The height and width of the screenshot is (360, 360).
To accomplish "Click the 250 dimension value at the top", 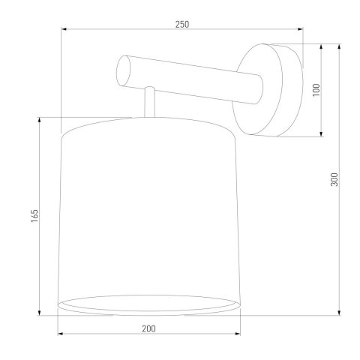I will [x=181, y=23].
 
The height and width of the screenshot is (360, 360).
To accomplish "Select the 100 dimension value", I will [x=316, y=90].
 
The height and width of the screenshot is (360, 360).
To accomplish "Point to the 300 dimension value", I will [x=335, y=179].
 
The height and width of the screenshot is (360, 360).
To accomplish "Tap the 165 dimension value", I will [x=35, y=215].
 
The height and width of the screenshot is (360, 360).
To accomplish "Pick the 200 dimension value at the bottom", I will [x=149, y=328].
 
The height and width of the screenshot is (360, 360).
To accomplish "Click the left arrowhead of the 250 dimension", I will [x=64, y=30].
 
